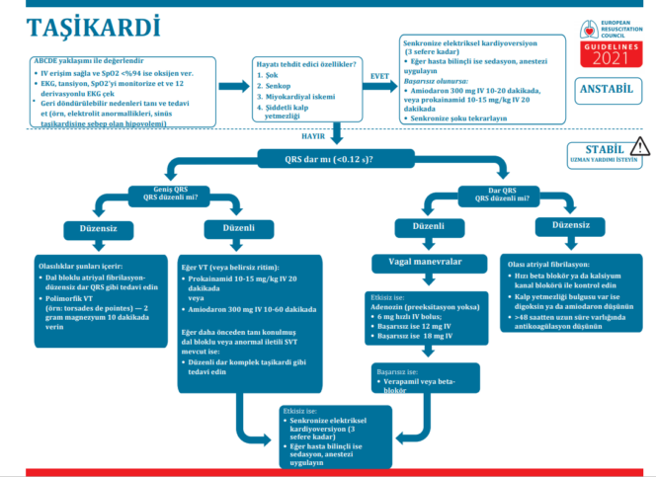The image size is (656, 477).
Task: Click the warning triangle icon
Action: (x=640, y=147)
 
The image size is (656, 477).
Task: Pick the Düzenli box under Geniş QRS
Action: (x=234, y=228)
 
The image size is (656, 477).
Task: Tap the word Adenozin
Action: (x=387, y=305)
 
